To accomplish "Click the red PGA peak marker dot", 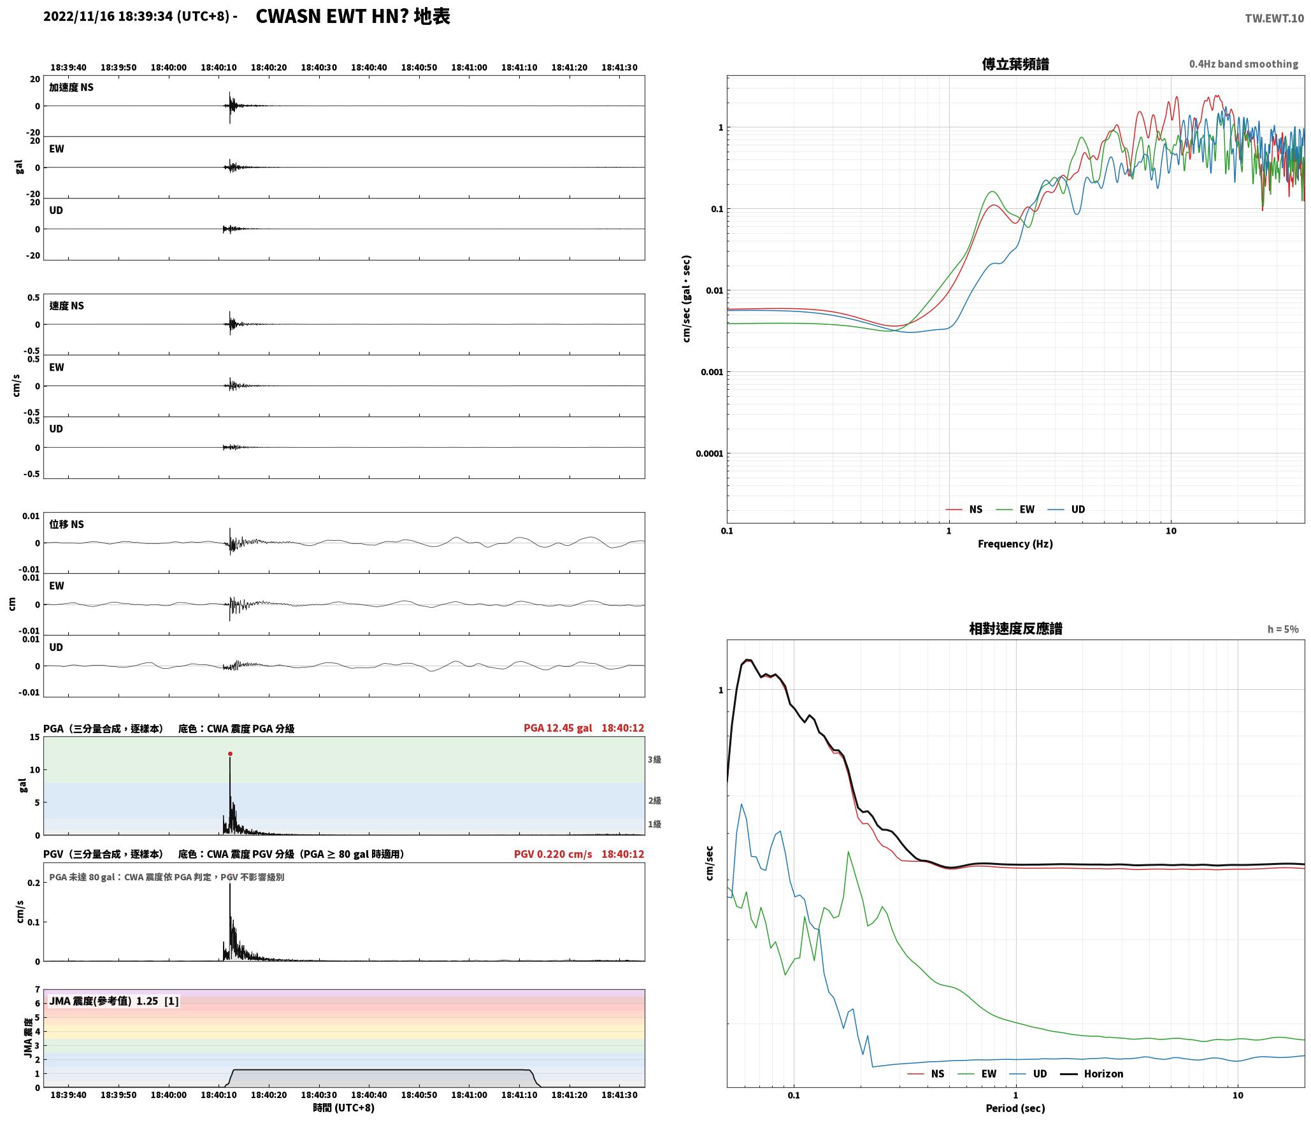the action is click(x=230, y=754).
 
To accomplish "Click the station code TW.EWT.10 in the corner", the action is click(x=1274, y=18).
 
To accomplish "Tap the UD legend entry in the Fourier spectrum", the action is click(x=1066, y=510).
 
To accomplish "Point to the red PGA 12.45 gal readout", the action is click(x=557, y=728).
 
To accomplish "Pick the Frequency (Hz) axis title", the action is click(x=1015, y=544).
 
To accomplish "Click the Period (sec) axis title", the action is click(x=1015, y=1108).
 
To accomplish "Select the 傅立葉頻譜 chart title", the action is click(x=1015, y=64).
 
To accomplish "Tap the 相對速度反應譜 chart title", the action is click(x=1015, y=629).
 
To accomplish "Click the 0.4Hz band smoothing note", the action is click(x=1243, y=64).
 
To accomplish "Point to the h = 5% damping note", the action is click(x=1282, y=629).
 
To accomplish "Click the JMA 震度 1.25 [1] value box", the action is click(x=113, y=1001).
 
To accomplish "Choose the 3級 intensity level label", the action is click(x=654, y=760).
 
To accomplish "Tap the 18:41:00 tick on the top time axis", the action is click(x=469, y=68).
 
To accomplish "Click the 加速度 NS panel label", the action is click(x=71, y=87).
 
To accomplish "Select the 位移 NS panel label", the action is click(x=67, y=524).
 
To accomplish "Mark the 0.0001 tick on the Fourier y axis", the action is click(x=710, y=453).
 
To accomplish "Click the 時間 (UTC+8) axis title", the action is click(x=343, y=1108).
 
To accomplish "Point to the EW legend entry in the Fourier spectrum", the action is click(x=1015, y=510).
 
